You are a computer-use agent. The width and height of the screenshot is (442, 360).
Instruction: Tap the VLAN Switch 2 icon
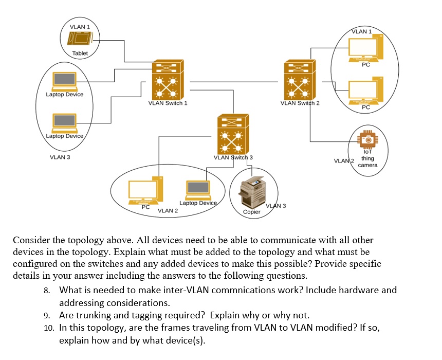(x=300, y=79)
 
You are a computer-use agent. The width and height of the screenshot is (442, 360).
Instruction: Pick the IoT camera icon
(x=367, y=139)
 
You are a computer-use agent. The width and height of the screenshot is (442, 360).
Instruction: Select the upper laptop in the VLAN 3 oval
(x=65, y=81)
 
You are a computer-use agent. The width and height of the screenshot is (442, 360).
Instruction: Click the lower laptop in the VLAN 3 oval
(x=65, y=122)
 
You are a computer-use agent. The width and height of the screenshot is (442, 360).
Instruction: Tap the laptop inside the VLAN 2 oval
(x=198, y=190)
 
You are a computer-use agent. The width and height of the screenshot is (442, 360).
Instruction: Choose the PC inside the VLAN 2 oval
(x=145, y=191)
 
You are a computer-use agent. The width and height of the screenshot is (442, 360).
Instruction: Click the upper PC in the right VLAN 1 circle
(x=365, y=48)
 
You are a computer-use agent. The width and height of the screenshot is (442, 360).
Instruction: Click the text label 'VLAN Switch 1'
(x=168, y=103)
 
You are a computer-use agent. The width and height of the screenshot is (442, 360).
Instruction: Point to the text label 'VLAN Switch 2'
(x=300, y=103)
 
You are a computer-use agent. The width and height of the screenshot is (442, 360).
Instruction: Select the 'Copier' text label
(x=252, y=212)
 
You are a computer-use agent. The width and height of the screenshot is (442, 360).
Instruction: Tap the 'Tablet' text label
(x=80, y=53)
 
